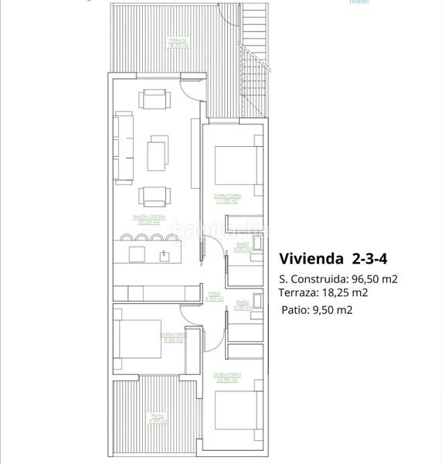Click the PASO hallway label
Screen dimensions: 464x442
pos(216,295)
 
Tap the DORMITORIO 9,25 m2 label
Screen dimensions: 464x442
pos(172,337)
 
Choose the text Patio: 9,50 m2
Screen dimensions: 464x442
pos(317,310)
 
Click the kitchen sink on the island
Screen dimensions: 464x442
pos(165,254)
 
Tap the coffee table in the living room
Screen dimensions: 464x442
pos(158,152)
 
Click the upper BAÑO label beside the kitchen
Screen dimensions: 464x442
pos(241,247)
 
